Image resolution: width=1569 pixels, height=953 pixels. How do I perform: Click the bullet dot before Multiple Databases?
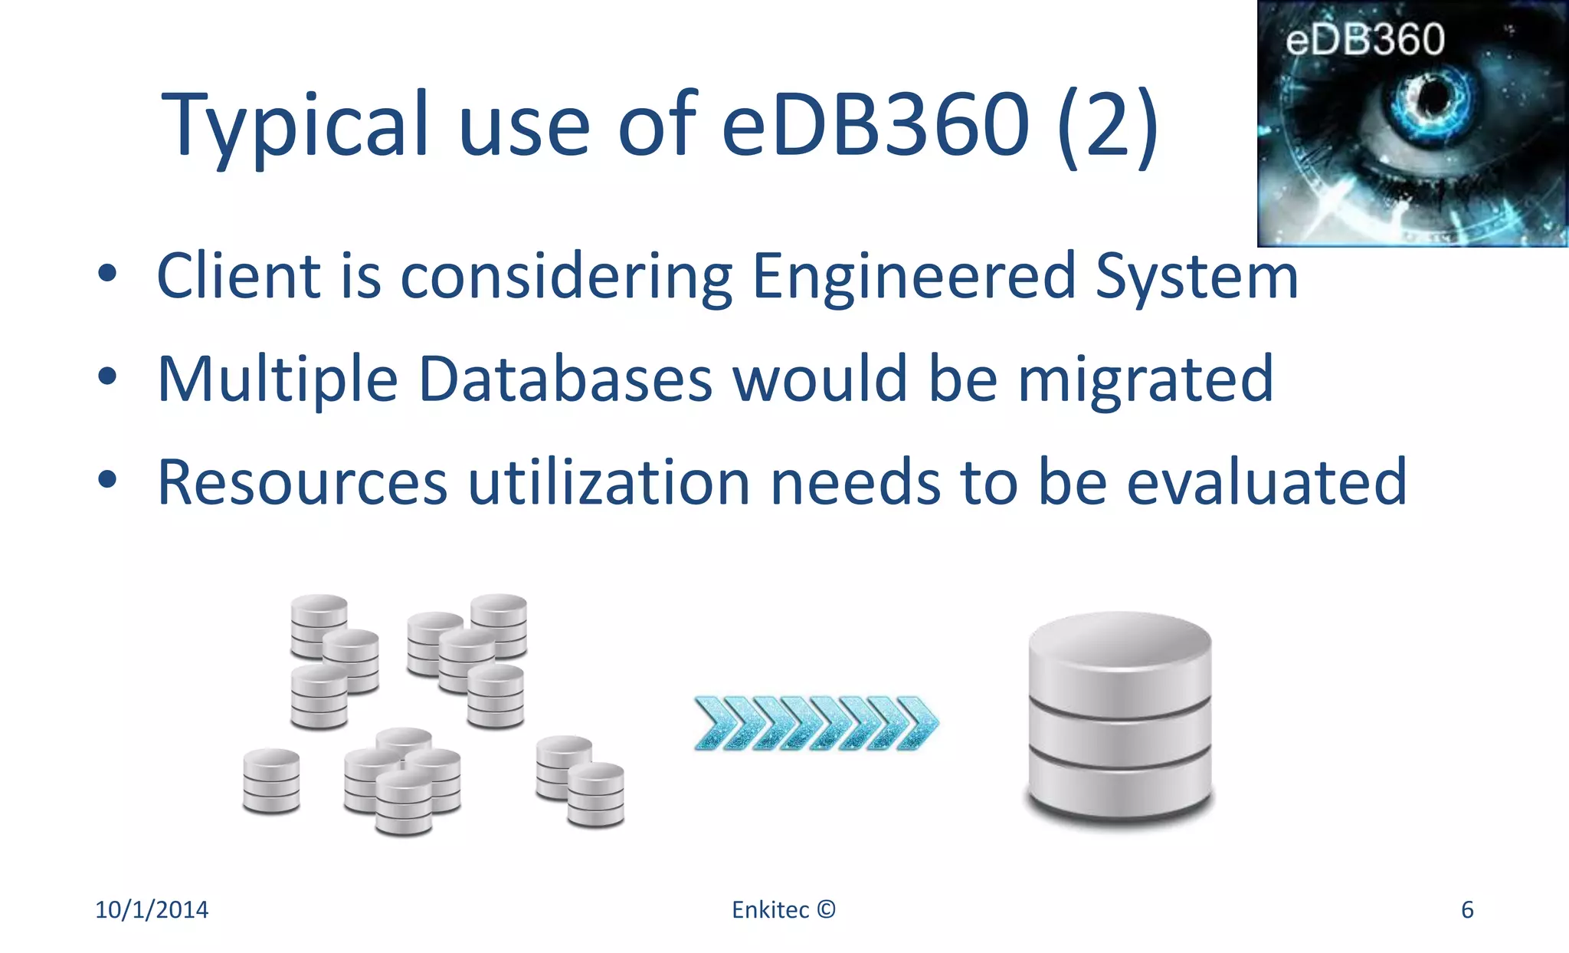(x=107, y=376)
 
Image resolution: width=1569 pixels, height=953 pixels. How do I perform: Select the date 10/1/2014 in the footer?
(x=152, y=909)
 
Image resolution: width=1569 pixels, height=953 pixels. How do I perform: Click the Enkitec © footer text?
(x=783, y=909)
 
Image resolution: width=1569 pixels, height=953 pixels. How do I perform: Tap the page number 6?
(x=1467, y=909)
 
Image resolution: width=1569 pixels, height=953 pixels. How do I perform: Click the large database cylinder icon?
(x=1120, y=721)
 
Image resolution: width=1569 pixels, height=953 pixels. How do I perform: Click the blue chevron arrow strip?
(x=816, y=723)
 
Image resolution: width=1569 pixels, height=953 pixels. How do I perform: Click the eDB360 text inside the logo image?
(x=1365, y=39)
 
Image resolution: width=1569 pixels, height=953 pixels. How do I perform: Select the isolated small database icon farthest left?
(x=271, y=780)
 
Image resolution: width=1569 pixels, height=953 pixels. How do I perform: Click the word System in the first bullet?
(x=1197, y=277)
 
